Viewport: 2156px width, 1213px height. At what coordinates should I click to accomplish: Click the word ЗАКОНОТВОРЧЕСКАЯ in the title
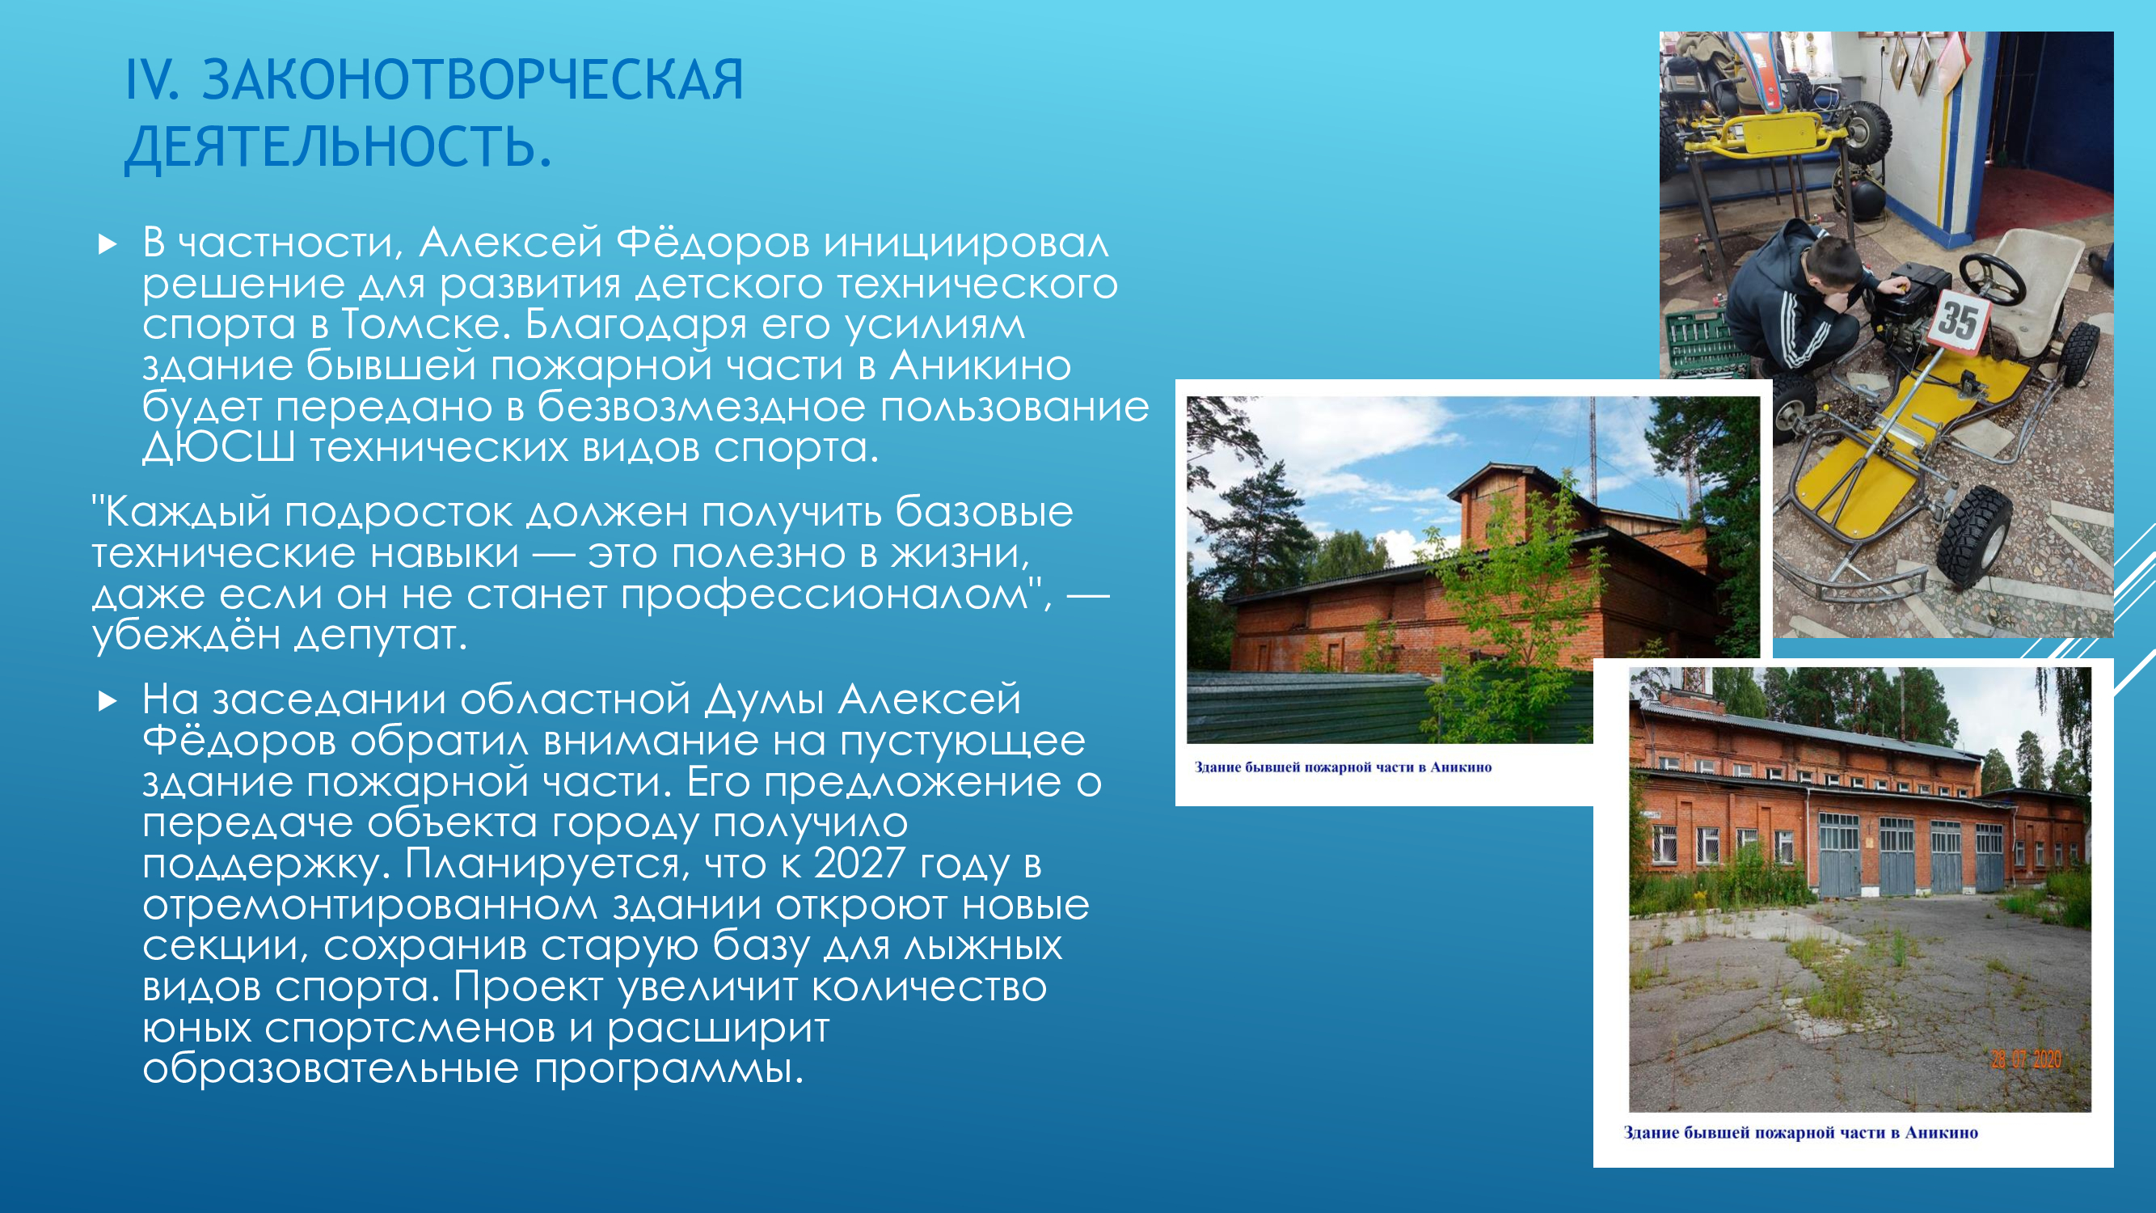[473, 80]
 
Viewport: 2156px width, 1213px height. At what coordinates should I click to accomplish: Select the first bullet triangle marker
[108, 244]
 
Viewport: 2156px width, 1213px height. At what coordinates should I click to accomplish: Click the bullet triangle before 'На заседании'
[108, 701]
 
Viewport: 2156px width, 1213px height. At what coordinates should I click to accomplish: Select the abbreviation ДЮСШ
[218, 447]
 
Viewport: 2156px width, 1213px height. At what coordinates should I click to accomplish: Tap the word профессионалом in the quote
[825, 594]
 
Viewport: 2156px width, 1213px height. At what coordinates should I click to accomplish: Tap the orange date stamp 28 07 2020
[2025, 1060]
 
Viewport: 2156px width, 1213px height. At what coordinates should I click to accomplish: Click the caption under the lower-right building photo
[1800, 1133]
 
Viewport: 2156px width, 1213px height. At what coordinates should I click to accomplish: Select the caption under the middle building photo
[1343, 767]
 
